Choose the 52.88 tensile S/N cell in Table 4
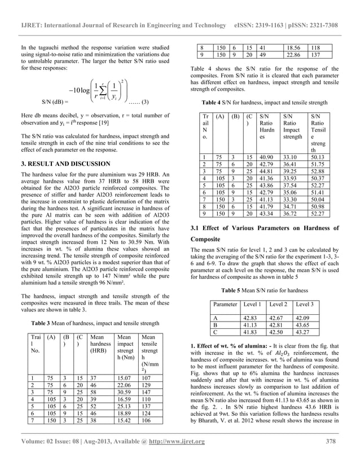click(x=319, y=172)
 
